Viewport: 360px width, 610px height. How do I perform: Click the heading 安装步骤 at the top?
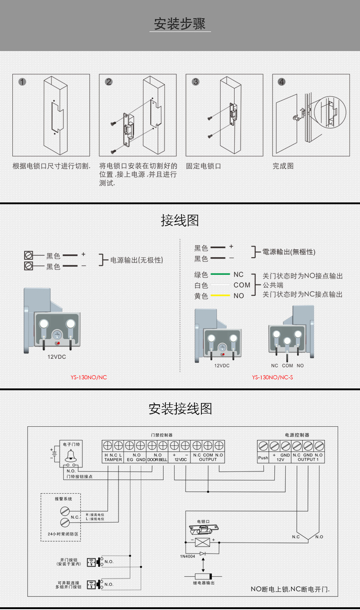[x=180, y=24]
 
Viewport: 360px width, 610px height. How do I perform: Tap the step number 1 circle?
[x=22, y=82]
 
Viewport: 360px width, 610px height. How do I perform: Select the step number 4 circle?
[x=282, y=82]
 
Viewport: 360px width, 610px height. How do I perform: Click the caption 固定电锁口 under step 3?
[x=203, y=166]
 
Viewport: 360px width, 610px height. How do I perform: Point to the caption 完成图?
[x=283, y=166]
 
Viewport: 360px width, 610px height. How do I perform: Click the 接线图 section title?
[x=180, y=221]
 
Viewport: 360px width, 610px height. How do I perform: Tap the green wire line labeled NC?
[x=220, y=274]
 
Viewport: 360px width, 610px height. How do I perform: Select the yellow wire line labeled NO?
[x=220, y=296]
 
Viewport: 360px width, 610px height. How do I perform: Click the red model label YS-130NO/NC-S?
[x=273, y=377]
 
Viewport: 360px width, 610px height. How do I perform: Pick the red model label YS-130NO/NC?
[x=88, y=377]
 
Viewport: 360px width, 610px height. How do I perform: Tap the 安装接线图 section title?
[x=180, y=408]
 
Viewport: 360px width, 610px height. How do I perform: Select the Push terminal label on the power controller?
[x=263, y=458]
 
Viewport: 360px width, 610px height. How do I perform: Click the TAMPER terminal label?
[x=113, y=460]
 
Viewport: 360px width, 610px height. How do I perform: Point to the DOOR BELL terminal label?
[x=158, y=460]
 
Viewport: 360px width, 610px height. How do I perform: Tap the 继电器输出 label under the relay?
[x=204, y=583]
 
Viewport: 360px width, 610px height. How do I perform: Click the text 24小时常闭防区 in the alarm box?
[x=63, y=533]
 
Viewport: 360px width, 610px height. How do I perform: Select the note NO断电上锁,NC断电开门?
[x=290, y=589]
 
